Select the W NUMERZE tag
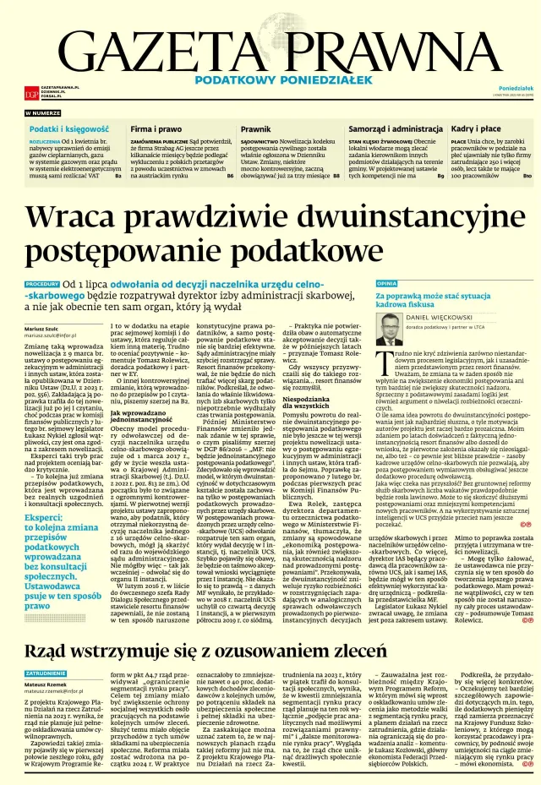tap(43, 112)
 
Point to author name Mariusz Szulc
tap(43, 328)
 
